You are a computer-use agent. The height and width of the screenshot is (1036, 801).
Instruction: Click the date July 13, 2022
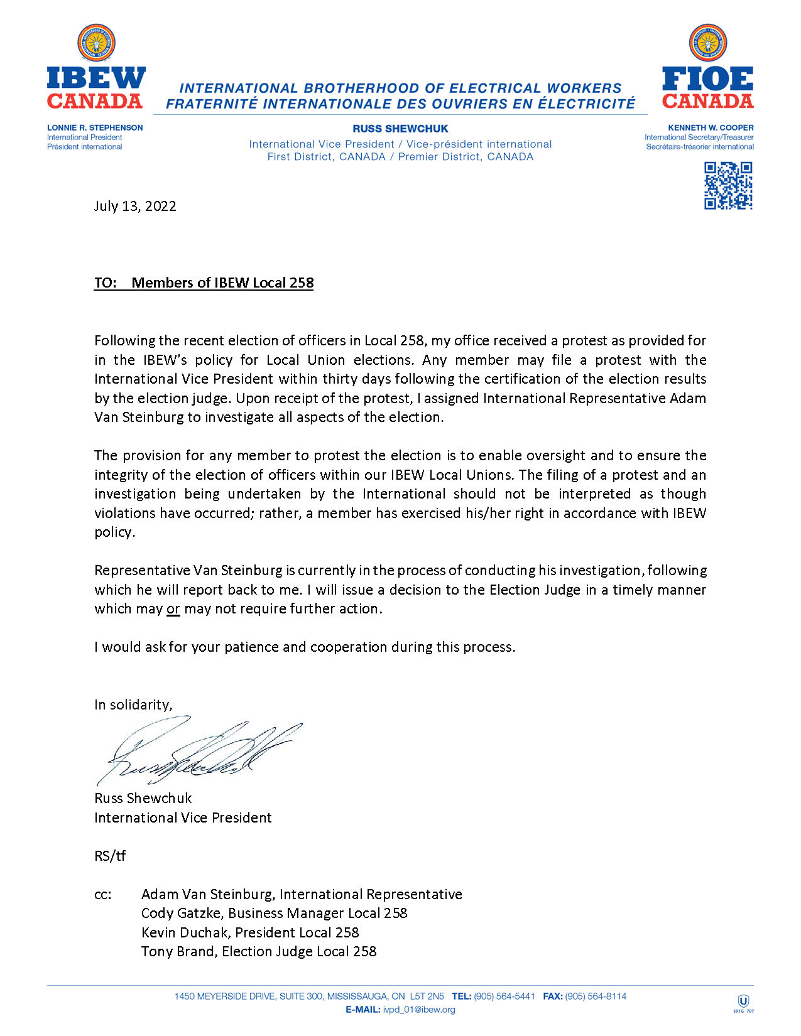click(135, 206)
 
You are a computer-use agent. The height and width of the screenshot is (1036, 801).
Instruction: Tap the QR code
click(728, 186)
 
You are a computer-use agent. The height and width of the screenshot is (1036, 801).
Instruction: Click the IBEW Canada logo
click(95, 67)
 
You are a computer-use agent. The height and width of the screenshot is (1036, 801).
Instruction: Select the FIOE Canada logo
click(707, 67)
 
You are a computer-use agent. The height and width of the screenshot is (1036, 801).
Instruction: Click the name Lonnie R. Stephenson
click(95, 127)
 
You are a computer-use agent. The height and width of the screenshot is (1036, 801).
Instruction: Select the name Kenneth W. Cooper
click(711, 127)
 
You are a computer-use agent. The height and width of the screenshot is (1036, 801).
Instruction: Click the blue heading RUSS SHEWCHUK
click(400, 129)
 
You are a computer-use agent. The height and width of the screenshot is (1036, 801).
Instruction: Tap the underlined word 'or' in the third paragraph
click(173, 609)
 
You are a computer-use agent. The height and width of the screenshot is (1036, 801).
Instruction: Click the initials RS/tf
click(110, 856)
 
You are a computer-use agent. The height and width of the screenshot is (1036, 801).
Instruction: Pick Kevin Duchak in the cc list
click(186, 932)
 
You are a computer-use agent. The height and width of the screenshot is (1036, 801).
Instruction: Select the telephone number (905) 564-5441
click(504, 996)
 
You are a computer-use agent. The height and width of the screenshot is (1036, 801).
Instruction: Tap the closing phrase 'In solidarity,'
click(133, 704)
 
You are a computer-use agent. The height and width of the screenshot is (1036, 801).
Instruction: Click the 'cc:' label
click(103, 894)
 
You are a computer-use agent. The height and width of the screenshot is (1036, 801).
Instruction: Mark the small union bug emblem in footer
click(743, 1003)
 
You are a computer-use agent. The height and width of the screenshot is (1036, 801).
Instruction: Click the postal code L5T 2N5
click(427, 996)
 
